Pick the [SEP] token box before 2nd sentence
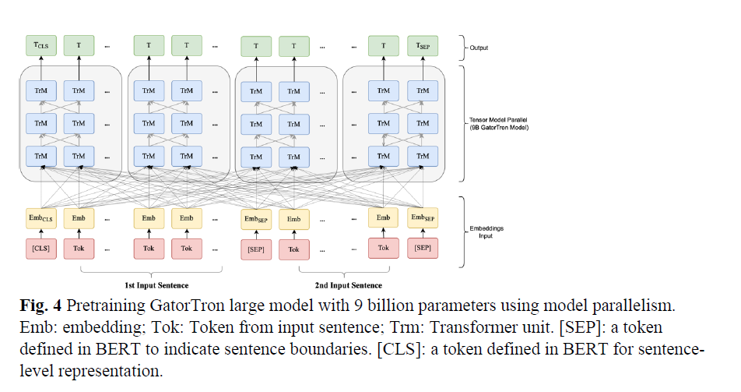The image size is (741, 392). (256, 249)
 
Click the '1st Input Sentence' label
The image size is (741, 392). (151, 285)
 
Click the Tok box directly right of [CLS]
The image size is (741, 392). (79, 249)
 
